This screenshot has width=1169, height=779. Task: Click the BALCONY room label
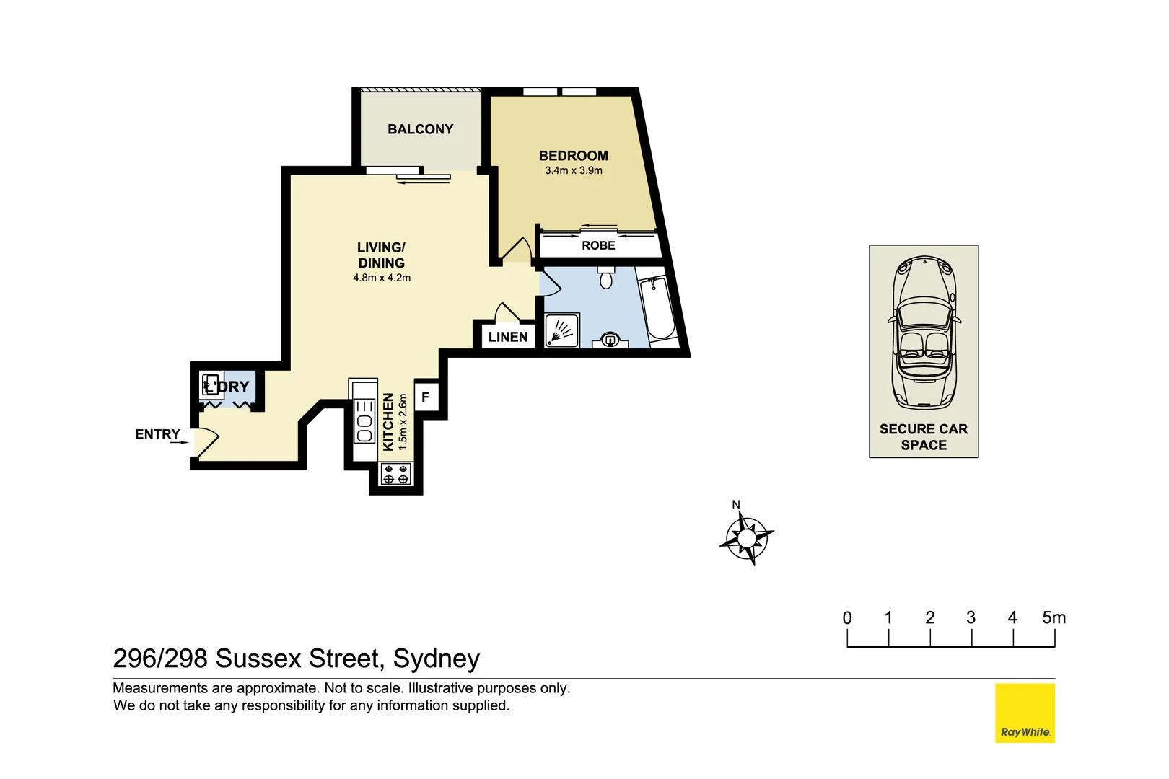[x=420, y=129]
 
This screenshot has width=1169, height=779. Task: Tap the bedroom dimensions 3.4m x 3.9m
[x=573, y=171]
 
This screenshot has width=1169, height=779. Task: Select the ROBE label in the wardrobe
[x=598, y=246]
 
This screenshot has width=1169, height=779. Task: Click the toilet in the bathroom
[x=606, y=277]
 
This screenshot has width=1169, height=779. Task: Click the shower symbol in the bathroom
[x=561, y=331]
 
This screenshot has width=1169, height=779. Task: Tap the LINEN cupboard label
[x=508, y=337]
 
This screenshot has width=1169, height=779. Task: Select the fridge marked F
[x=426, y=397]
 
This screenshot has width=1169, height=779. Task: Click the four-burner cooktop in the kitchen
[x=395, y=474]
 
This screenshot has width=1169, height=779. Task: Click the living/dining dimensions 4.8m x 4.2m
[x=382, y=278]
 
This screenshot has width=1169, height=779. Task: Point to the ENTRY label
[x=157, y=434]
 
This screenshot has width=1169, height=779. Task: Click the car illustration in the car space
[x=924, y=333]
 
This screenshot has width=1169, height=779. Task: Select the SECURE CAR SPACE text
[x=924, y=437]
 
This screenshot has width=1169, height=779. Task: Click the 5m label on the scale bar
[x=1054, y=617]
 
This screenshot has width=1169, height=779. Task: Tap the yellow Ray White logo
[x=1025, y=713]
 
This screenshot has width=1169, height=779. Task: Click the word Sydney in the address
[x=436, y=659]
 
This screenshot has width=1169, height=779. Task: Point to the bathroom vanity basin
[x=610, y=340]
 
